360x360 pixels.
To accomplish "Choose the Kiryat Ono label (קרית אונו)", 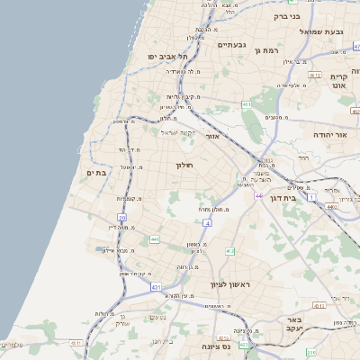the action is click(338, 81).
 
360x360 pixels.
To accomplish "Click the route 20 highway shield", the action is click(122, 217).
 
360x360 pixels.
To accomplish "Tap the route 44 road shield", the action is click(258, 195).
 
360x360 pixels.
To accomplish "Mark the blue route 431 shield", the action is click(156, 288).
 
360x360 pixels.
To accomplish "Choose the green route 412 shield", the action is click(229, 251).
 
